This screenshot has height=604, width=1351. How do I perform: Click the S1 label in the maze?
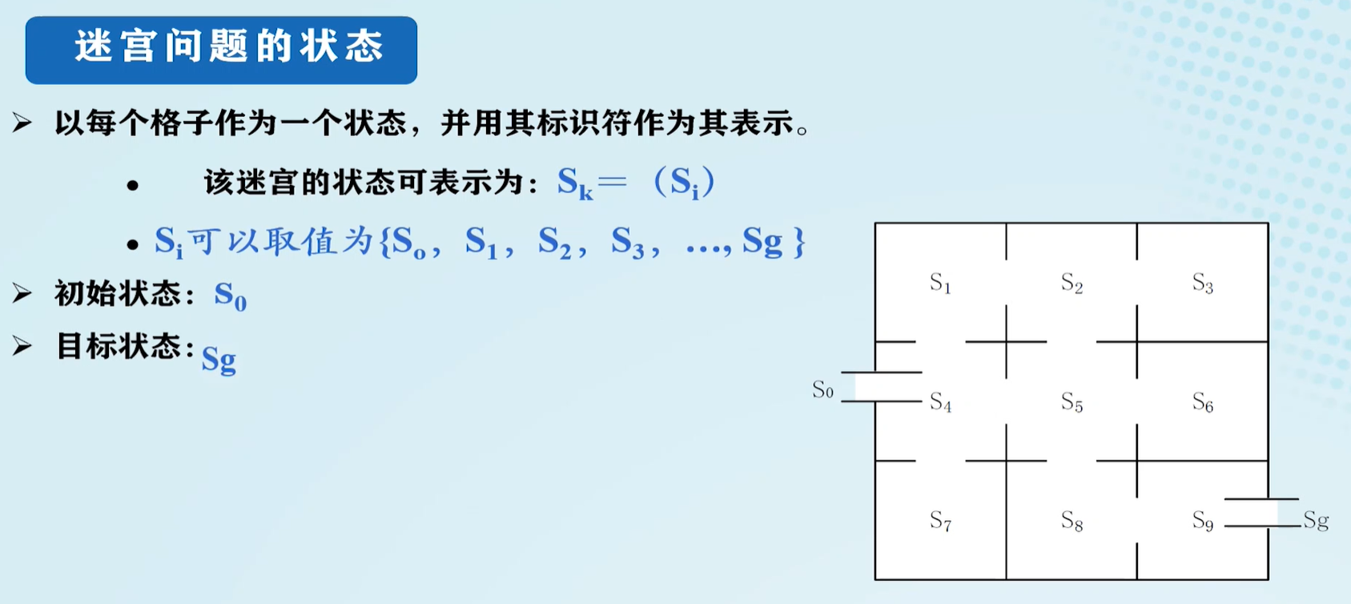pyautogui.click(x=940, y=283)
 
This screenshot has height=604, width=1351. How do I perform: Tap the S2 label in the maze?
pyautogui.click(x=1072, y=283)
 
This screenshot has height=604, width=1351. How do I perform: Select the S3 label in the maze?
pyautogui.click(x=1202, y=283)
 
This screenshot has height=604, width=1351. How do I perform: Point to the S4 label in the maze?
pyautogui.click(x=940, y=402)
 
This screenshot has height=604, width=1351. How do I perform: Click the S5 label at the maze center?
pyautogui.click(x=1072, y=402)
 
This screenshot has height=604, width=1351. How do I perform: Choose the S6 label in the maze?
pyautogui.click(x=1202, y=402)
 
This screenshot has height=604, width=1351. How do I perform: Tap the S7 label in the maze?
pyautogui.click(x=940, y=521)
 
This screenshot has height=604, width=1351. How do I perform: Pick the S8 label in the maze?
pyautogui.click(x=1072, y=521)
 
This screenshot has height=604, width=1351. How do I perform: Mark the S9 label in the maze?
pyautogui.click(x=1202, y=521)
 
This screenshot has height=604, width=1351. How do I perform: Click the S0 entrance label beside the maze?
pyautogui.click(x=822, y=390)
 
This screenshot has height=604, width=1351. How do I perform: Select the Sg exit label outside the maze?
pyautogui.click(x=1316, y=521)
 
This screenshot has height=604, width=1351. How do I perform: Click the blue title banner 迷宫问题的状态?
pyautogui.click(x=221, y=50)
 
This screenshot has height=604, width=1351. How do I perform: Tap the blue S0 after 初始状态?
pyautogui.click(x=230, y=296)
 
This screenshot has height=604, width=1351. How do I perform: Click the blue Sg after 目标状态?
pyautogui.click(x=219, y=359)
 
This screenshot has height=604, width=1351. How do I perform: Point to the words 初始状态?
pyautogui.click(x=119, y=295)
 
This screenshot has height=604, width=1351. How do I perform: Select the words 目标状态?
pyautogui.click(x=119, y=347)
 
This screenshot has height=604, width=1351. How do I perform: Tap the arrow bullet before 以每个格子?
pyautogui.click(x=22, y=123)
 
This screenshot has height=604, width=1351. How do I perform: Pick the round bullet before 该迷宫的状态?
pyautogui.click(x=133, y=186)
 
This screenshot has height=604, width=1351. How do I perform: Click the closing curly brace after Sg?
pyautogui.click(x=798, y=242)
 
